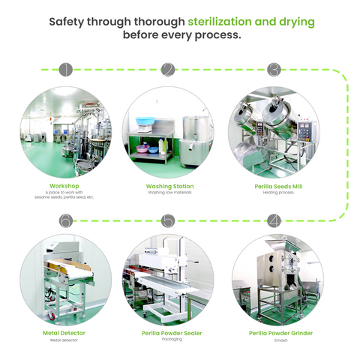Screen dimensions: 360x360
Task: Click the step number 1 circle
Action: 66,70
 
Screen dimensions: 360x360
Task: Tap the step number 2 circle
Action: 168,70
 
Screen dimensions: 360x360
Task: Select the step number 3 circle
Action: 274,70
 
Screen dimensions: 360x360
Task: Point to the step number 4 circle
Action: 274,220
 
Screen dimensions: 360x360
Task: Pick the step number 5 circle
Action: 168,220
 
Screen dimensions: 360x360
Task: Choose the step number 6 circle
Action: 66,220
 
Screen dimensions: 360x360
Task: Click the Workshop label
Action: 64,186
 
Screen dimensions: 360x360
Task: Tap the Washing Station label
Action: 169,186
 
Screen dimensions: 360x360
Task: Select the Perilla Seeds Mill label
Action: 278,187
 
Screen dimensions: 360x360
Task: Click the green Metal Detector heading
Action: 64,333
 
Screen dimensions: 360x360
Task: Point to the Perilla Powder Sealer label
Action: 172,333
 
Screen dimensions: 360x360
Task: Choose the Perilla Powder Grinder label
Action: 280,333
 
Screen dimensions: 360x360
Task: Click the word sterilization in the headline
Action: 220,22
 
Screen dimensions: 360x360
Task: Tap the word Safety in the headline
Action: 67,22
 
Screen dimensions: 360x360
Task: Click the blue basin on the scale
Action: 145,121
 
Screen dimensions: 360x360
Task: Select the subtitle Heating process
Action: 278,193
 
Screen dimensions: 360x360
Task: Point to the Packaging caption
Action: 172,339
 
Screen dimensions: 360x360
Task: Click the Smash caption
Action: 280,340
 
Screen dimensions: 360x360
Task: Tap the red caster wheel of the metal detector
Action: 52,316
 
